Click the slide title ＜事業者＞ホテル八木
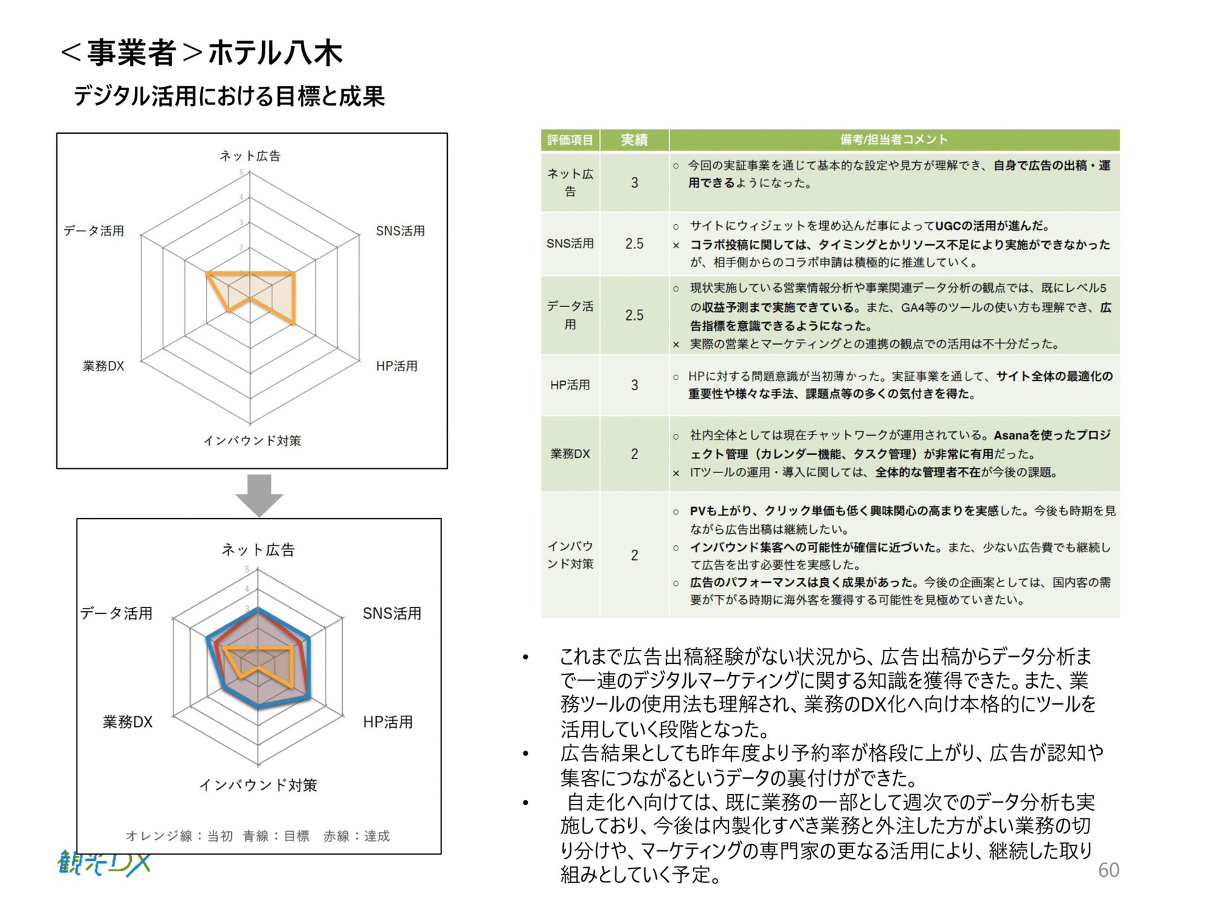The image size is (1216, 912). click(201, 53)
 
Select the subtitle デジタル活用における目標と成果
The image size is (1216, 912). click(229, 96)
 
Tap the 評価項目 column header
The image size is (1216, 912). click(570, 140)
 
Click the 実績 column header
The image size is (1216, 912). click(634, 140)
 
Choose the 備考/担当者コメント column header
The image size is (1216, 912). click(894, 140)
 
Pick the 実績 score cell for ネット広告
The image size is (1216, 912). click(634, 183)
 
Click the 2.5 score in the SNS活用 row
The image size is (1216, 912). click(634, 244)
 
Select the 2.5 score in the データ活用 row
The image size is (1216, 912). click(634, 315)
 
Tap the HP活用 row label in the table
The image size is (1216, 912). click(570, 385)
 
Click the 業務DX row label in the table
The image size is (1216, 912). click(570, 454)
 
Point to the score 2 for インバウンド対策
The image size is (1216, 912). click(634, 555)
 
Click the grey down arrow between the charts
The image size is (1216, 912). click(259, 495)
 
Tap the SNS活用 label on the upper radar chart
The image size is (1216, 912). click(400, 231)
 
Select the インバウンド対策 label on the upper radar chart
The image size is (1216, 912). click(252, 441)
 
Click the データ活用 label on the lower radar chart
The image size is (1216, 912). click(117, 613)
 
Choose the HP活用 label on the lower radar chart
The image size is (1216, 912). click(388, 722)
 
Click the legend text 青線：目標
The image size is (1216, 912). click(276, 836)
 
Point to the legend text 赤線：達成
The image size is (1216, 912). click(357, 836)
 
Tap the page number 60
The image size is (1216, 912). click(1108, 870)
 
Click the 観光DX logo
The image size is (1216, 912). click(104, 863)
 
